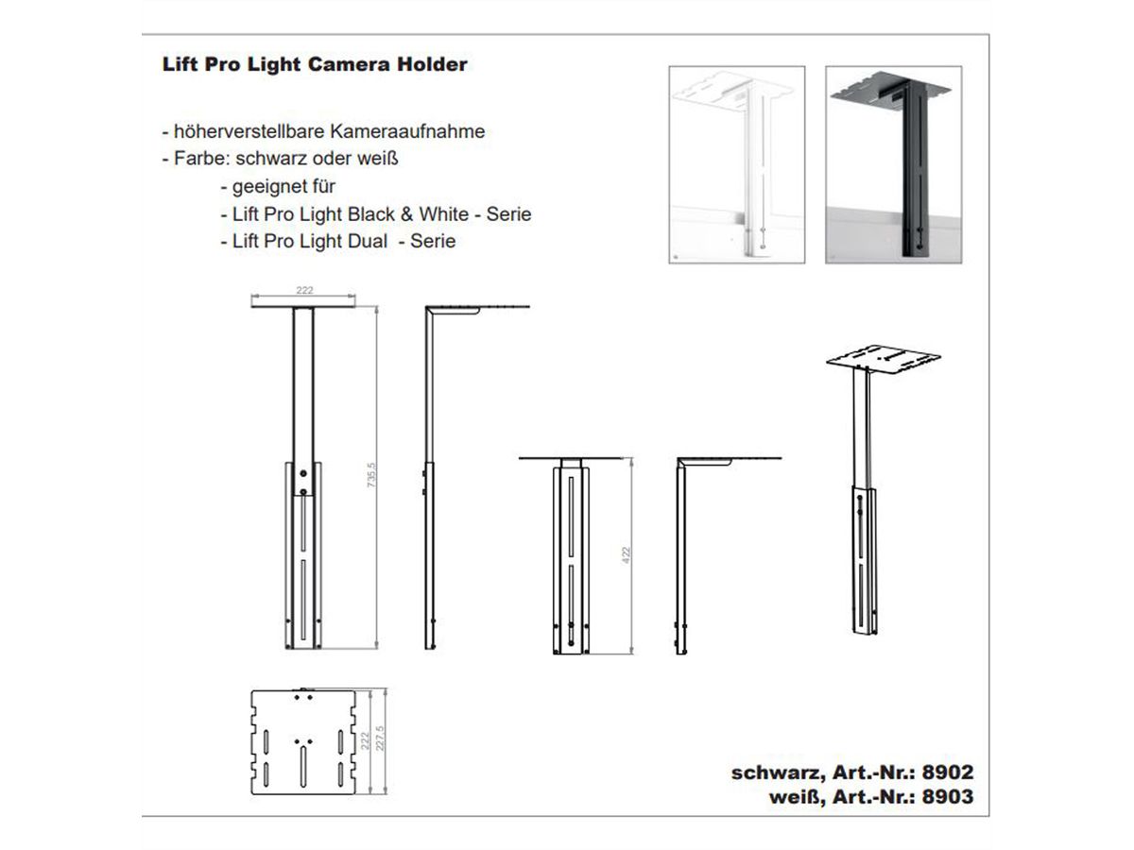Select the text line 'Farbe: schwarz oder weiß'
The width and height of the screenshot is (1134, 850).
(x=286, y=159)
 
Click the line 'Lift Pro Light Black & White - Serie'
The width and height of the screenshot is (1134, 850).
(x=374, y=213)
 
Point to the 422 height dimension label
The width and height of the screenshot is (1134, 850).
(x=627, y=554)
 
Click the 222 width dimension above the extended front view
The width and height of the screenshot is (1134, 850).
(x=304, y=291)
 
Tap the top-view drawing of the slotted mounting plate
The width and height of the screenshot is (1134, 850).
(x=303, y=738)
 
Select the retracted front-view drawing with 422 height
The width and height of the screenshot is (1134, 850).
(x=571, y=557)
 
